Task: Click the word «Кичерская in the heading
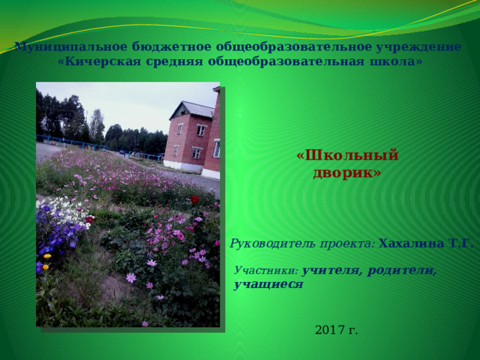[99, 61]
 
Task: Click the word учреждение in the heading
[418, 47]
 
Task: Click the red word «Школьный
[347, 155]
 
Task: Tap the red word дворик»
[347, 173]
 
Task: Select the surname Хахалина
[411, 244]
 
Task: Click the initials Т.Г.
[459, 244]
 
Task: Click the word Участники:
[266, 270]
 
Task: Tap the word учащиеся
[268, 285]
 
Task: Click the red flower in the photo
[195, 199]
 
